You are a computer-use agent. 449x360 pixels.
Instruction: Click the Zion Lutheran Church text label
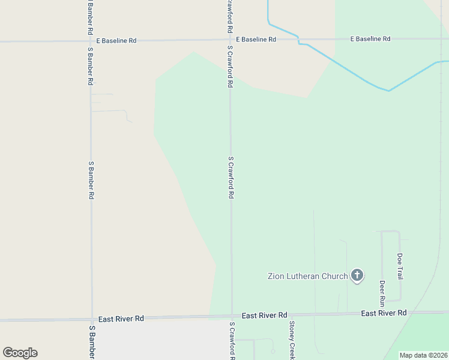(307, 276)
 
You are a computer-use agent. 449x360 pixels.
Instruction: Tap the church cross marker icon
(357, 275)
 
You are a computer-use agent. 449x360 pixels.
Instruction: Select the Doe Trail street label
(400, 266)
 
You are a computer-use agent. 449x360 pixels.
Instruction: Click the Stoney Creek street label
(292, 340)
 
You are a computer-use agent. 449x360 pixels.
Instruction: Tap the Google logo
(20, 353)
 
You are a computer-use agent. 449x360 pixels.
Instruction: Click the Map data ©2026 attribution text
(423, 355)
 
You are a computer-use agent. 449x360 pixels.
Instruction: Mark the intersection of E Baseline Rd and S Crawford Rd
(230, 40)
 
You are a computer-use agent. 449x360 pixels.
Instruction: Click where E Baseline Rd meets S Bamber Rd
(90, 41)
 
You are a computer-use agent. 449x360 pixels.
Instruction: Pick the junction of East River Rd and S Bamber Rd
(92, 319)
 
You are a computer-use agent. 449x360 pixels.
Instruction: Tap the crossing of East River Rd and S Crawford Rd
(232, 315)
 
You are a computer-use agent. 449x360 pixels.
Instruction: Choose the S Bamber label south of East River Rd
(92, 343)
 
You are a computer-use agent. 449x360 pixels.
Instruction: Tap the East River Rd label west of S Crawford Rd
(121, 319)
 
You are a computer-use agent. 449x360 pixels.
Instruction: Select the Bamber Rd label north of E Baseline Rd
(90, 17)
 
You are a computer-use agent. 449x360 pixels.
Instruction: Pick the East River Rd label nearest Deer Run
(384, 313)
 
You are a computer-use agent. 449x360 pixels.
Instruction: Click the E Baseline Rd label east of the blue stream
(370, 39)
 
